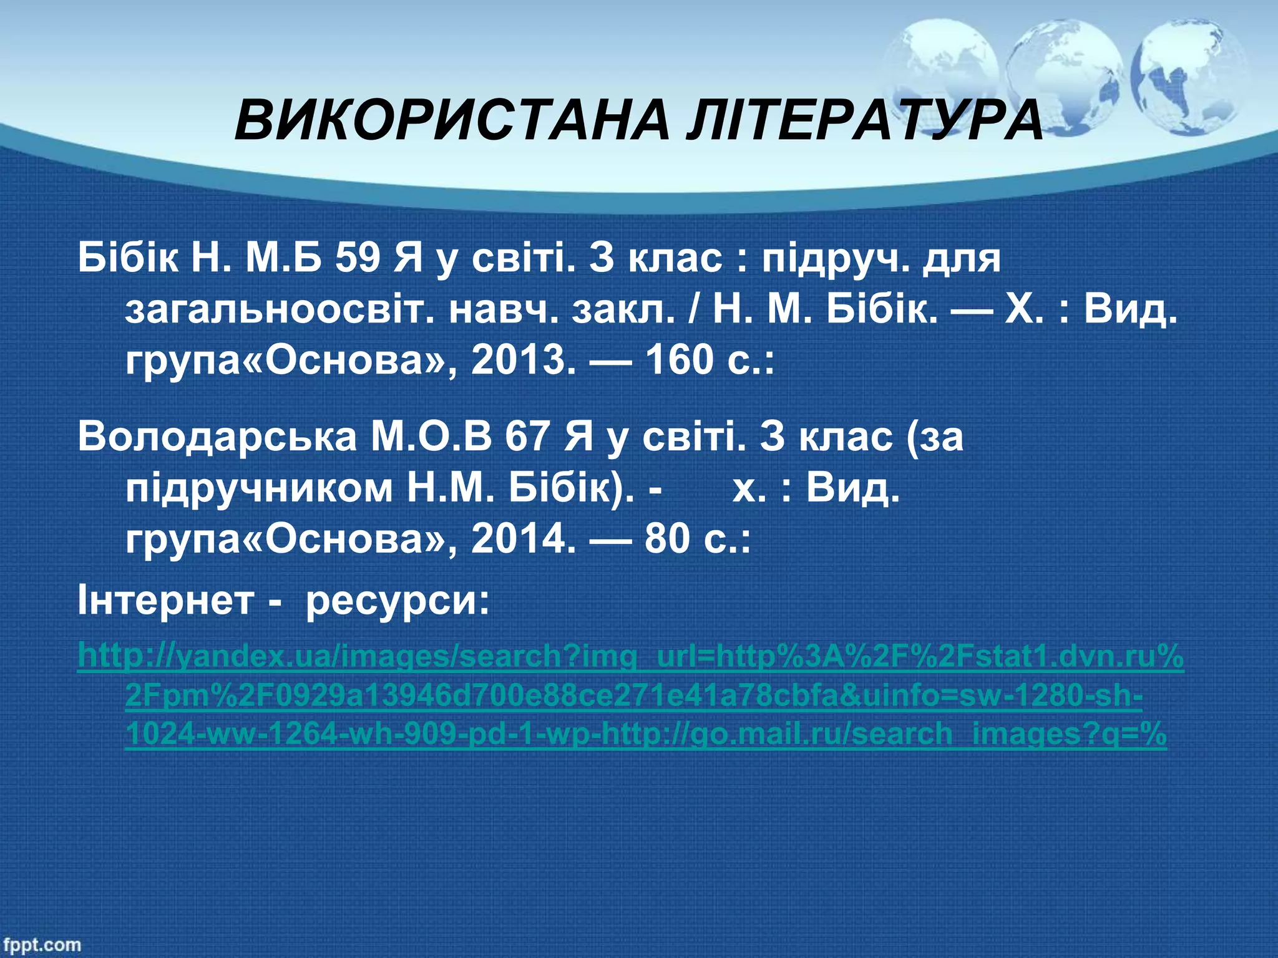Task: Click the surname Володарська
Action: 217,437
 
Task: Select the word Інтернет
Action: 165,601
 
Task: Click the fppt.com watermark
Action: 41,944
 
